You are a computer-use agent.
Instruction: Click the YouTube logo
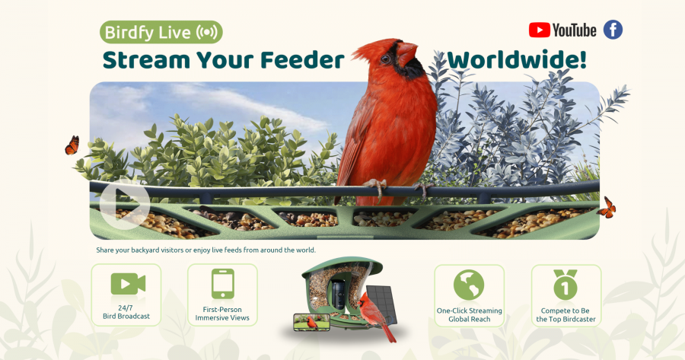pos(562,30)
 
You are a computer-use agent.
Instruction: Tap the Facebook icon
pos(613,30)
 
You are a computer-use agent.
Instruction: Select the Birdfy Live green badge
pos(161,33)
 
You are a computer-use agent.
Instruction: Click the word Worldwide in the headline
pos(517,60)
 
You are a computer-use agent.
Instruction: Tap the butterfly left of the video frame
pos(72,145)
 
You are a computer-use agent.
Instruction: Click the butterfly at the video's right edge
pos(607,207)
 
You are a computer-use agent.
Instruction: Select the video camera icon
pos(127,284)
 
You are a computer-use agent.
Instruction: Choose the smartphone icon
pos(223,284)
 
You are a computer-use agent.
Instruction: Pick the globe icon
pos(469,285)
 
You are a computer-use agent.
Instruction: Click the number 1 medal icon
pos(566,285)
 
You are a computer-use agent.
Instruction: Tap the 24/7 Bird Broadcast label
pos(126,312)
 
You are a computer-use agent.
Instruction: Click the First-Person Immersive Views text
pos(223,314)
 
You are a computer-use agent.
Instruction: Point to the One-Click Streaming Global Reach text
pos(469,315)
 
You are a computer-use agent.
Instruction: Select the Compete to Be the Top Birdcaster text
pos(566,315)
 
